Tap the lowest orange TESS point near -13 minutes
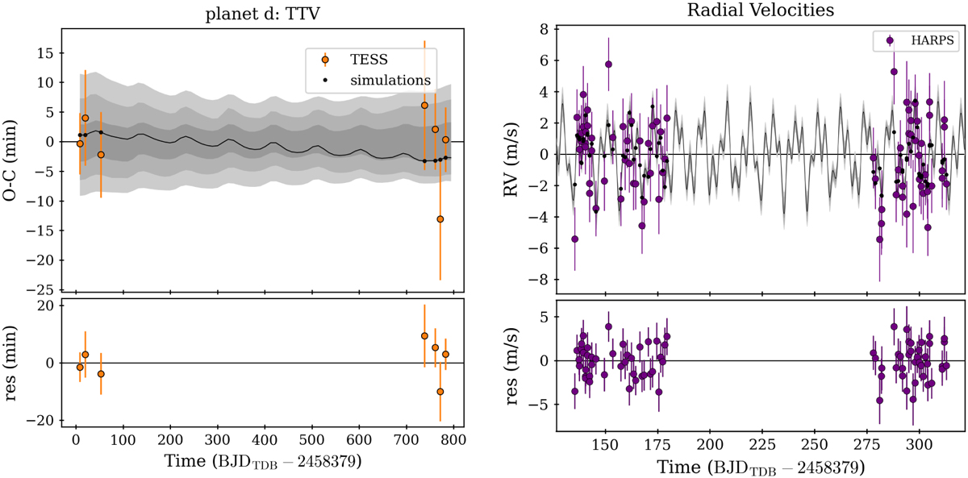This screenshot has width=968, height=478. coord(440,219)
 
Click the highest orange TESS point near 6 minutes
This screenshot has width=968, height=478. coord(424,106)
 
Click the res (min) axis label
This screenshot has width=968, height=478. coord(11,363)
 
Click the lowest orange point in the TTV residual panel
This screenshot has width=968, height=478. coord(440,392)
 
